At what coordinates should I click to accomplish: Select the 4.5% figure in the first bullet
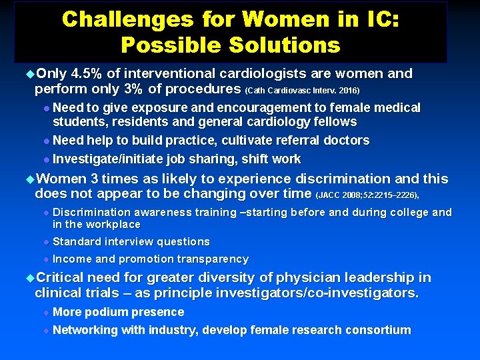click(x=87, y=73)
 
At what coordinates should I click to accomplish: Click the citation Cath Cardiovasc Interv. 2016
click(x=304, y=90)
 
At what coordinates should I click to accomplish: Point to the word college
click(x=407, y=213)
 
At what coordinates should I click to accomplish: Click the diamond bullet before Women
click(x=29, y=179)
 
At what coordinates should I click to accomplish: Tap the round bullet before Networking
click(x=46, y=330)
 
